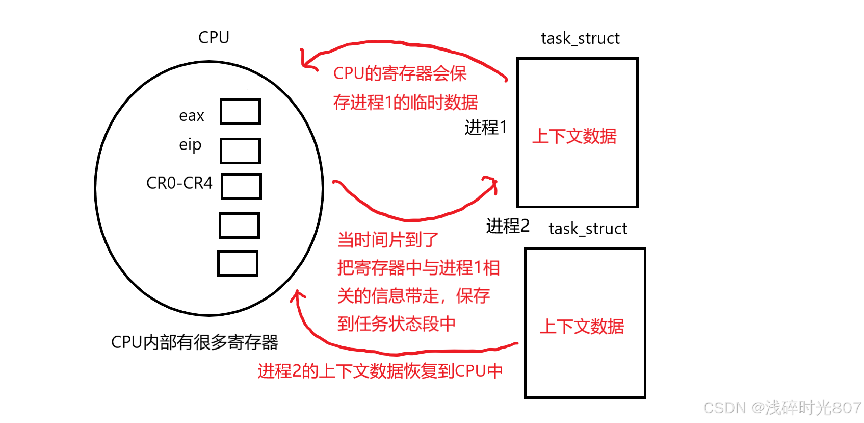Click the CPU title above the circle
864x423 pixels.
click(x=214, y=37)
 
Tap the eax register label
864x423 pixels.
click(x=191, y=116)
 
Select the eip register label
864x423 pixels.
click(x=190, y=145)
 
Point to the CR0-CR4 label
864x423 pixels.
click(x=179, y=183)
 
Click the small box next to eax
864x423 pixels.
click(x=240, y=112)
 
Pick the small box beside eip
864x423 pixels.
click(x=240, y=151)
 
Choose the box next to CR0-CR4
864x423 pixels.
click(x=241, y=187)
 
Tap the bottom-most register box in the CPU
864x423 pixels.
click(x=238, y=263)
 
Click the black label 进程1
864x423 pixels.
click(x=486, y=127)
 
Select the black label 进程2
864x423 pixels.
click(x=508, y=226)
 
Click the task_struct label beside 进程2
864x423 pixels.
click(x=588, y=229)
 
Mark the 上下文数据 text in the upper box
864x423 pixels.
click(x=574, y=136)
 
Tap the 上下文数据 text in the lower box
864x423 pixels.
click(x=582, y=326)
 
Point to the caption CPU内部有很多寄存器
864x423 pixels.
click(x=194, y=342)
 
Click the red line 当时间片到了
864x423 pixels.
click(x=387, y=239)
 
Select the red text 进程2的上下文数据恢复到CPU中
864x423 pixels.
click(x=380, y=371)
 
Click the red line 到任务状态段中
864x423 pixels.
click(x=396, y=324)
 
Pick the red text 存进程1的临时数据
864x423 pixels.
click(x=405, y=103)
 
